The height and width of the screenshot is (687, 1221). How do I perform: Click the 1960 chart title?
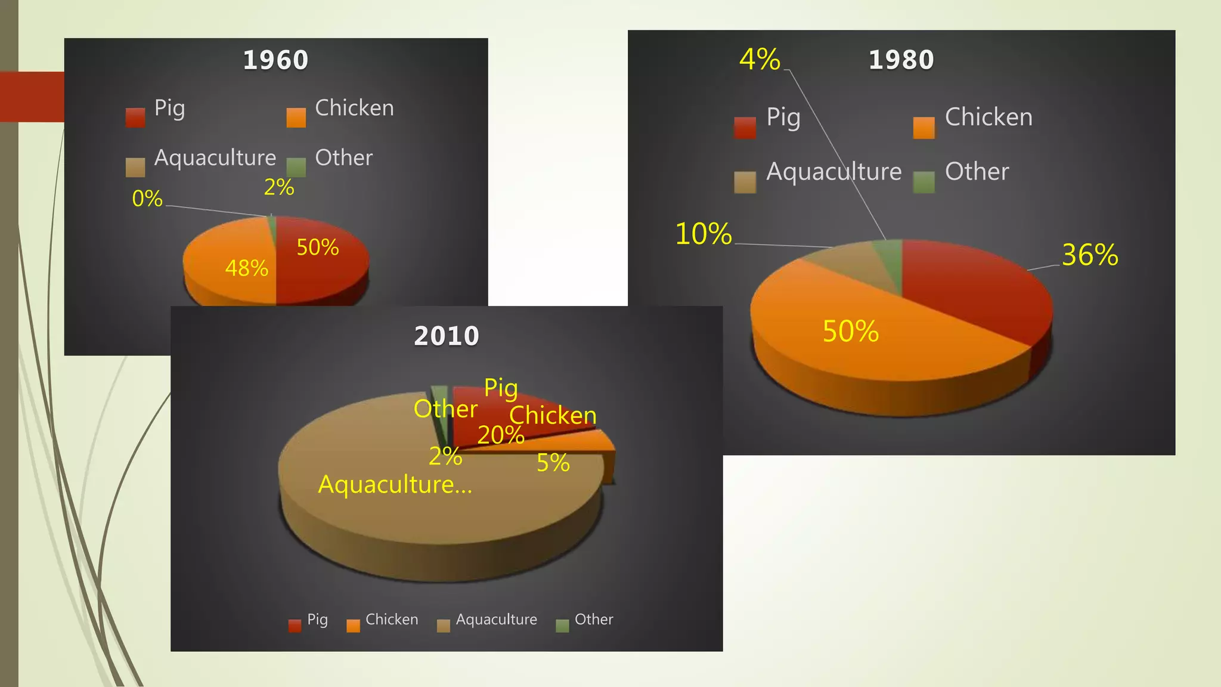(x=275, y=60)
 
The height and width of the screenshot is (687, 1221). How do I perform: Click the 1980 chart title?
(x=901, y=60)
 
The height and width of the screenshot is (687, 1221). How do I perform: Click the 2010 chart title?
(x=447, y=336)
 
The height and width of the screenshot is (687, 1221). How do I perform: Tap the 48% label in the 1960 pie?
(x=246, y=268)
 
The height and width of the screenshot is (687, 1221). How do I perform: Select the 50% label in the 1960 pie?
(x=317, y=247)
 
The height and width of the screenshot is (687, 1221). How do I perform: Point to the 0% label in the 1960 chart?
(x=147, y=199)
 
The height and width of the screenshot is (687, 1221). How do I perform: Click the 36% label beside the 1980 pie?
(x=1090, y=255)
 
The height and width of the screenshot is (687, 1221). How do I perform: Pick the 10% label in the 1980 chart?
(x=703, y=234)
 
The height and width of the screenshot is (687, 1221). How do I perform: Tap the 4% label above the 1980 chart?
(x=760, y=59)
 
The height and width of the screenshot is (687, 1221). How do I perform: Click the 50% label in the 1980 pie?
(x=851, y=331)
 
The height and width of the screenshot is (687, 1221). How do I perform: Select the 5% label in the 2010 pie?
(x=553, y=463)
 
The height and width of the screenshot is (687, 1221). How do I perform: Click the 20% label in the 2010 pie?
(x=500, y=435)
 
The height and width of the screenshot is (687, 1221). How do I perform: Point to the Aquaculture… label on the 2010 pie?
(x=395, y=484)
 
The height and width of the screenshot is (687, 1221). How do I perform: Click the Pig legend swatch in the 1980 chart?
(x=745, y=128)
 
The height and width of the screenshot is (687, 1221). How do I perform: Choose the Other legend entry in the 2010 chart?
(x=593, y=620)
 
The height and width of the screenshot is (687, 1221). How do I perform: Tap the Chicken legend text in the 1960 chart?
(x=354, y=108)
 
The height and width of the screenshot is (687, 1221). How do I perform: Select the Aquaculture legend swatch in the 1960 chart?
(x=135, y=167)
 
